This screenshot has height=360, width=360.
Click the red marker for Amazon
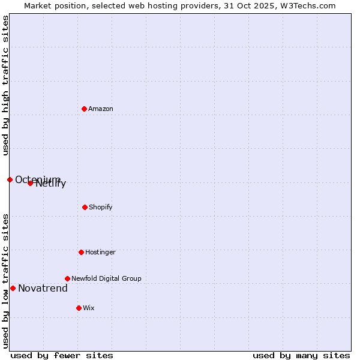tap(84, 109)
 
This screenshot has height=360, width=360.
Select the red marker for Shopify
tap(85, 207)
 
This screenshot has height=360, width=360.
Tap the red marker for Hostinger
tap(81, 252)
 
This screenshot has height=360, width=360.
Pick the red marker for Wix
tap(79, 308)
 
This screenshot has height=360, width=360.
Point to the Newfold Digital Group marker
tap(67, 278)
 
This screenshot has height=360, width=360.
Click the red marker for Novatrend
tap(13, 288)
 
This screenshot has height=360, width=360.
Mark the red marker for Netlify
tap(30, 183)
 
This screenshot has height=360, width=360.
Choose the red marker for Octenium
tap(10, 179)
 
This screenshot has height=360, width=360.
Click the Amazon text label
tap(101, 109)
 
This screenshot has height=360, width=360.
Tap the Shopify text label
tap(101, 207)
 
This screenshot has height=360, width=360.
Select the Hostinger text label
tap(100, 252)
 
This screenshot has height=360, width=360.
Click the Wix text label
tap(89, 308)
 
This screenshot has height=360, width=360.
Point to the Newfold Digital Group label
tap(106, 278)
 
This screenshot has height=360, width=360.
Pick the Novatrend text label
tap(43, 289)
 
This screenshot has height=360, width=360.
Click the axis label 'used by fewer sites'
tap(62, 355)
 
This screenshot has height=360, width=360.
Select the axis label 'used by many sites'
tap(301, 355)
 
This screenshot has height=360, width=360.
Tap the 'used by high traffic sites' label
tap(5, 85)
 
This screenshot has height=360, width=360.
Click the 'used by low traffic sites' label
tap(5, 280)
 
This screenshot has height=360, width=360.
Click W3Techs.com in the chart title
tap(307, 5)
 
